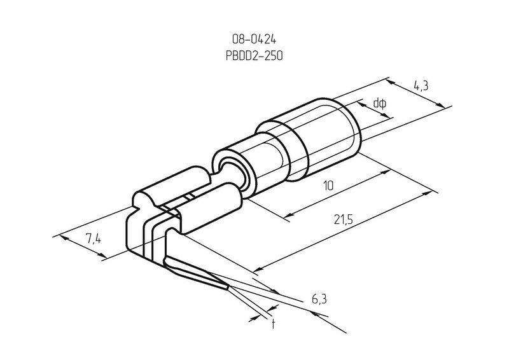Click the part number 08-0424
254,39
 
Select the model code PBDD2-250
254,55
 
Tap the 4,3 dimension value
421,86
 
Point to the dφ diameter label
379,104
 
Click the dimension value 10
328,186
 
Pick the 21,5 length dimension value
343,220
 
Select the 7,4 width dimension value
94,239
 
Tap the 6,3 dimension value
319,300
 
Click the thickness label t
274,324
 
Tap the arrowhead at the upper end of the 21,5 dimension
428,193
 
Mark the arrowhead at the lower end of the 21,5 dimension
258,270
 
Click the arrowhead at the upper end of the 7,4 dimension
65,238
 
